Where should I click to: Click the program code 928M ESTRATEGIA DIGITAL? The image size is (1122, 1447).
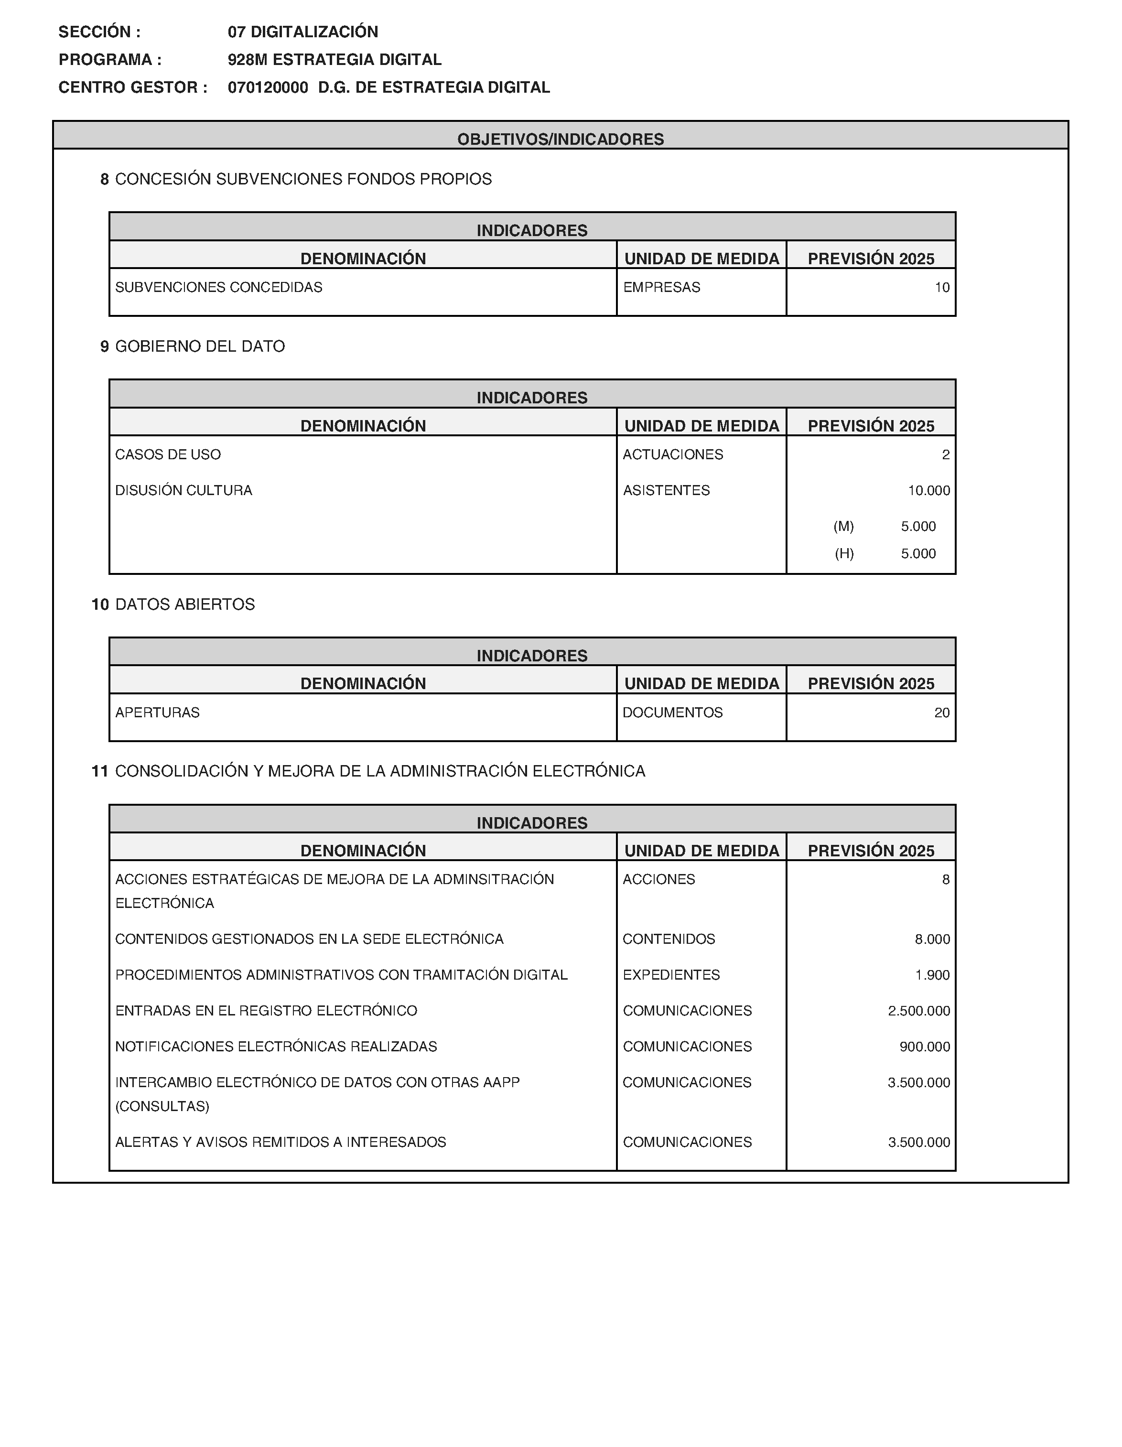click(x=334, y=60)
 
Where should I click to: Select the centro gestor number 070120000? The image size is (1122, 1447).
click(x=268, y=87)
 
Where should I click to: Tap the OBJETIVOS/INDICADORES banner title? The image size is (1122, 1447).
click(x=561, y=139)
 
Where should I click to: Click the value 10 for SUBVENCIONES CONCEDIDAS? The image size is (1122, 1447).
click(x=942, y=288)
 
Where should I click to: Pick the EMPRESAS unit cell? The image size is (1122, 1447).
click(x=661, y=288)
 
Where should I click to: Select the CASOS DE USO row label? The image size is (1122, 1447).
click(x=168, y=454)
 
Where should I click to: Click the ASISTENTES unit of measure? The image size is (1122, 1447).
click(x=666, y=490)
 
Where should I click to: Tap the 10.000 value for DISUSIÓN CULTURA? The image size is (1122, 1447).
click(x=928, y=490)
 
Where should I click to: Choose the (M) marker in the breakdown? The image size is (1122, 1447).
click(x=843, y=527)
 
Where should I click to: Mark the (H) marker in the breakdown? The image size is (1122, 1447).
click(x=844, y=554)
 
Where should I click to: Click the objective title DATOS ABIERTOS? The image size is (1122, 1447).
click(x=185, y=604)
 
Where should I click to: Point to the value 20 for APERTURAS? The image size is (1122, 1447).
click(x=942, y=713)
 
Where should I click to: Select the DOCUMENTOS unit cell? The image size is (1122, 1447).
click(x=672, y=713)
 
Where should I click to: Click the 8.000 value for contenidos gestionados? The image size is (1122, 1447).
click(x=932, y=939)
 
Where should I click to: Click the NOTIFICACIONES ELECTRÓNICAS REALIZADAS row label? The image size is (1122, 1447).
click(x=276, y=1047)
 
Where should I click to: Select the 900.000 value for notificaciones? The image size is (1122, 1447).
click(x=925, y=1047)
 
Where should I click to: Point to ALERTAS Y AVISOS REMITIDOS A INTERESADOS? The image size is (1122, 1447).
click(x=280, y=1142)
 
